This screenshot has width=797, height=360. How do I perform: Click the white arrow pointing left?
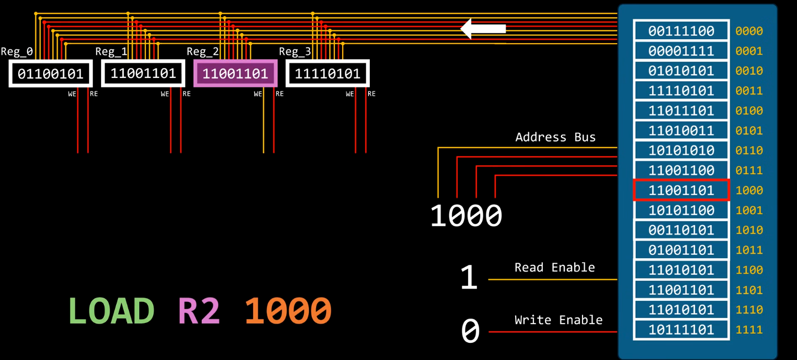(483, 29)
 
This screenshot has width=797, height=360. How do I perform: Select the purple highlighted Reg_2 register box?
(235, 74)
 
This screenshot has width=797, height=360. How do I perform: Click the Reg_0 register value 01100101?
(50, 74)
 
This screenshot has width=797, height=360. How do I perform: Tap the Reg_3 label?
(295, 51)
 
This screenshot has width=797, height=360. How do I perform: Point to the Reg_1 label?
(111, 51)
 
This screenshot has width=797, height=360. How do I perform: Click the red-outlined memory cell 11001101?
(681, 190)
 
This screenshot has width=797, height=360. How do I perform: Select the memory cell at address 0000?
(681, 31)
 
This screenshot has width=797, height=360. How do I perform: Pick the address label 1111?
(749, 330)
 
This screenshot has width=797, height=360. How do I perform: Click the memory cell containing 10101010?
(681, 150)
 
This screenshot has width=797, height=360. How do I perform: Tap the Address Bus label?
(555, 137)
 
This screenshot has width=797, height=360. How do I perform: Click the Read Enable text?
(555, 267)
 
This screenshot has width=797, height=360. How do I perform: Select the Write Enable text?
(559, 320)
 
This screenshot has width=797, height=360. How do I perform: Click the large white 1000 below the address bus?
(466, 216)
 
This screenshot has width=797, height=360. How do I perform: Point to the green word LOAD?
(111, 311)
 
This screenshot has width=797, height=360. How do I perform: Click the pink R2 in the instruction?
(199, 311)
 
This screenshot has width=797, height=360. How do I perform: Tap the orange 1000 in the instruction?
(288, 311)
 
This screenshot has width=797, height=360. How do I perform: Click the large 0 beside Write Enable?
(470, 331)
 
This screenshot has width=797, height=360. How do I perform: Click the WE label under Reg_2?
(258, 94)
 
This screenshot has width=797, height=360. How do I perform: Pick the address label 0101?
(749, 131)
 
